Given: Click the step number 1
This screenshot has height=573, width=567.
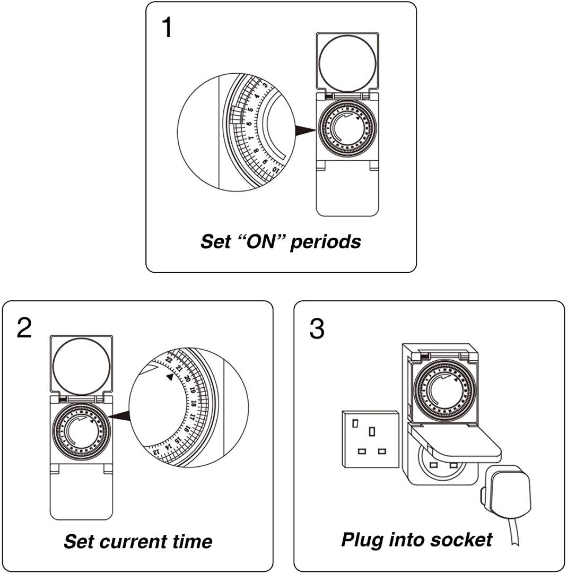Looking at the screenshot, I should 167,28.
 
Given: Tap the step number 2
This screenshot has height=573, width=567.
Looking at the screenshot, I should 24,328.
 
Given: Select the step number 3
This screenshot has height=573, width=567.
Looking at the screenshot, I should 317,329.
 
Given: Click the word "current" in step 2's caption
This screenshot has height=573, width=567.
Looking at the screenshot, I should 137,541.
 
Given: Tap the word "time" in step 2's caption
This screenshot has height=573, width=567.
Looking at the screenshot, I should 192,541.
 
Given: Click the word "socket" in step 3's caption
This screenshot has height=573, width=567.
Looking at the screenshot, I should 461,540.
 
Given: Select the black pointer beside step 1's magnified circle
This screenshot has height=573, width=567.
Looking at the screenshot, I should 304,131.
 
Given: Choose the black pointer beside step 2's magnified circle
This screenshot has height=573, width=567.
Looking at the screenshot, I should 121,417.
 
